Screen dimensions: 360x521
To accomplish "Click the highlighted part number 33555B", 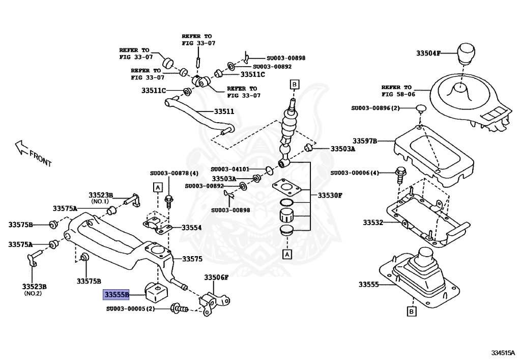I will pos(117,294).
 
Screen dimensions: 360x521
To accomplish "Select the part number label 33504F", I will pos(429,53).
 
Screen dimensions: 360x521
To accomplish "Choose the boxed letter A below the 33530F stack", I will pos(286,253).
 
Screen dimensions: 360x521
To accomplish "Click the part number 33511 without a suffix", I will pos(224,112).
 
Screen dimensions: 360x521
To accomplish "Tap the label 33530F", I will pos(330,195).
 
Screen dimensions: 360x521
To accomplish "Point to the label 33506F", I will pos(217,278).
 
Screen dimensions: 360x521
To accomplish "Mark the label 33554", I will pos(191,228).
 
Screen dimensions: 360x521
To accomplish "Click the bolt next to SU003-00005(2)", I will pos(179,308).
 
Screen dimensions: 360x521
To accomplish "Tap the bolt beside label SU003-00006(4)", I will pos(400,174).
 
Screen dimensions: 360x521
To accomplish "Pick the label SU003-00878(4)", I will pos(174,173).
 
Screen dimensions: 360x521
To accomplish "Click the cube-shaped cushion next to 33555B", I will pos(156,293).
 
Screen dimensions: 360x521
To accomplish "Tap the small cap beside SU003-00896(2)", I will pos(420,108).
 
